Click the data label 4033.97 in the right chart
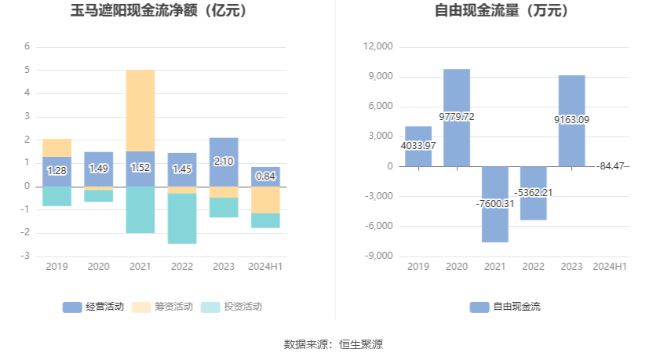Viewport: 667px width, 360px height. point(418,146)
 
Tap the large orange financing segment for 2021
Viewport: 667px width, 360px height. point(140,111)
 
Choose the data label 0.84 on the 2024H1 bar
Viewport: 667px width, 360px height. point(265,176)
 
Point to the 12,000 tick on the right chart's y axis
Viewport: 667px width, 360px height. point(379,47)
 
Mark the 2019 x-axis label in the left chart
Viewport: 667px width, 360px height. point(56,267)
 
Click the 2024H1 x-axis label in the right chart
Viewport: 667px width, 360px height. point(610,267)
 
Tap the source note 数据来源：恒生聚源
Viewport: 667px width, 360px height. point(333,344)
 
